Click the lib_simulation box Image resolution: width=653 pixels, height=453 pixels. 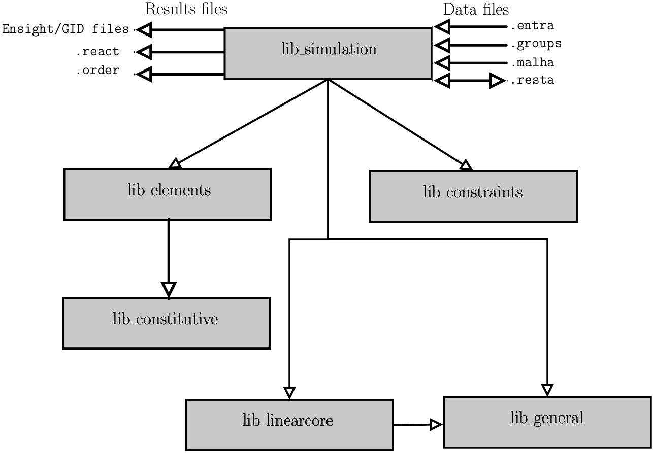coord(328,53)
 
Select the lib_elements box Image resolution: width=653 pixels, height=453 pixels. coord(168,194)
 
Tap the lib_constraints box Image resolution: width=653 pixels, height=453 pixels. coord(473,196)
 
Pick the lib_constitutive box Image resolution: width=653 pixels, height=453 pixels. coord(166,323)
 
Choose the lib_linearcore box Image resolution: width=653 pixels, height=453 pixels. coord(289,425)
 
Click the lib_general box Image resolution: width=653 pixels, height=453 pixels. coord(547,422)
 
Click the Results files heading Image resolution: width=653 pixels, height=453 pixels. coord(186,9)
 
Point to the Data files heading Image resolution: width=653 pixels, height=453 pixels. coord(476,10)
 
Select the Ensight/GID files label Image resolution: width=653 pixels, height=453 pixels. coord(66,29)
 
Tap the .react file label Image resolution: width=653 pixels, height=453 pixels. coord(97,52)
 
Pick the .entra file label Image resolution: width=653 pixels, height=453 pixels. coord(532,26)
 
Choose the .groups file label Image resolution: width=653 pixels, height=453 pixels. coord(536,44)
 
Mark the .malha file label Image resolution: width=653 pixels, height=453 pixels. coord(532,63)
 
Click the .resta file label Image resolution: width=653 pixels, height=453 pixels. coord(532,80)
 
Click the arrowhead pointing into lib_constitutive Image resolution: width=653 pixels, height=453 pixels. coord(169,289)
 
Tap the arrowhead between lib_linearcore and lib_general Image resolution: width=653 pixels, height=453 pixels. coord(436,425)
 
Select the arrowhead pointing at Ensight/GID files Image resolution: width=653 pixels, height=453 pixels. coord(145,30)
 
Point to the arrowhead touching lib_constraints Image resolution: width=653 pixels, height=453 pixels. coord(465,165)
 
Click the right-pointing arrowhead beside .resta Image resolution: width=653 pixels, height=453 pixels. coord(498,80)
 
